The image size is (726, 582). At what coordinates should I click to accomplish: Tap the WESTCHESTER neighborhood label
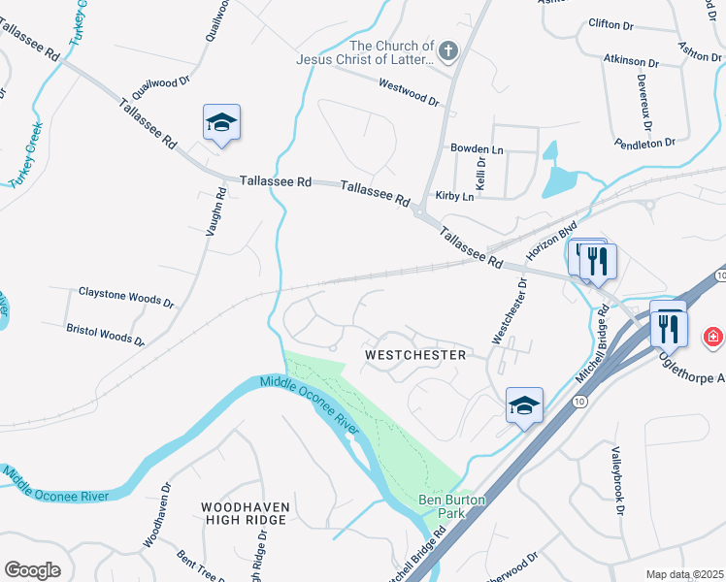tap(415, 356)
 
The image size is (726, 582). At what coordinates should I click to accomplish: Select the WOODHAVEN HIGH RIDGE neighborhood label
tap(244, 513)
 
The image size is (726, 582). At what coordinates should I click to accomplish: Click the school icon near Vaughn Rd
tap(221, 123)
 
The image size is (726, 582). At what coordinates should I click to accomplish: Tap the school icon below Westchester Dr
tap(524, 405)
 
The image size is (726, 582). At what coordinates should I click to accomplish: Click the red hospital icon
tap(713, 337)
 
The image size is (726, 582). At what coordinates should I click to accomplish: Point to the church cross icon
tap(447, 50)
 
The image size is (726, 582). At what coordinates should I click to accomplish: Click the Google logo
tap(32, 570)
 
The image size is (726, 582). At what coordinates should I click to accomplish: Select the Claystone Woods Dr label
tap(126, 297)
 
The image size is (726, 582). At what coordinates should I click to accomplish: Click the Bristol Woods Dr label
tap(105, 336)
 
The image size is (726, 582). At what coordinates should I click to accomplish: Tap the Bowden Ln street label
tap(477, 149)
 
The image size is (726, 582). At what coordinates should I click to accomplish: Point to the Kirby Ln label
tap(454, 196)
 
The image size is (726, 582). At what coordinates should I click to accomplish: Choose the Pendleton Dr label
tap(644, 143)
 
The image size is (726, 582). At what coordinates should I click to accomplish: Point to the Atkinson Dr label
tap(631, 60)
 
